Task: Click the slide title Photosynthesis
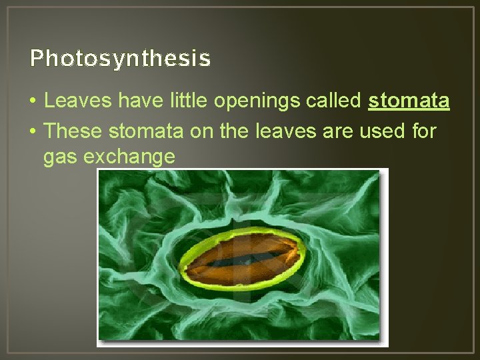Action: click(x=120, y=59)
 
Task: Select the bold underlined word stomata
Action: click(x=409, y=101)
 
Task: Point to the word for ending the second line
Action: click(x=423, y=131)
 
